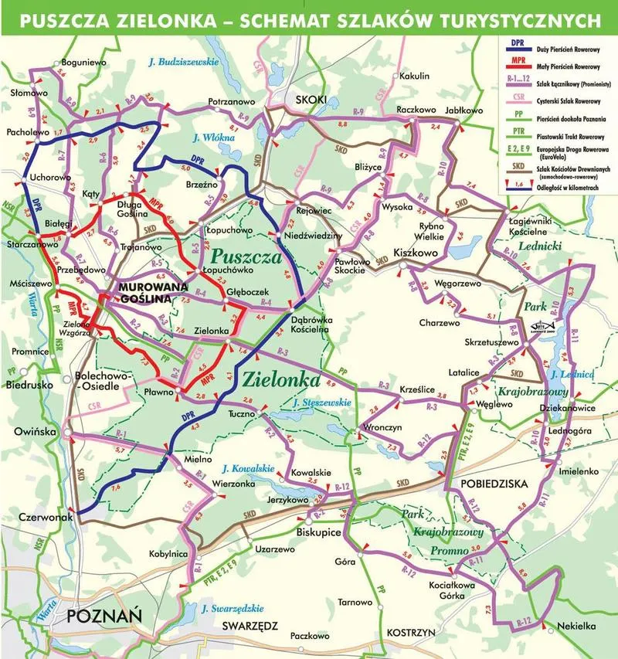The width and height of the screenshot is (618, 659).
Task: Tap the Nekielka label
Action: pyautogui.click(x=571, y=627)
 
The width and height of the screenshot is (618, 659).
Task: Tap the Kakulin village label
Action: pyautogui.click(x=413, y=76)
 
